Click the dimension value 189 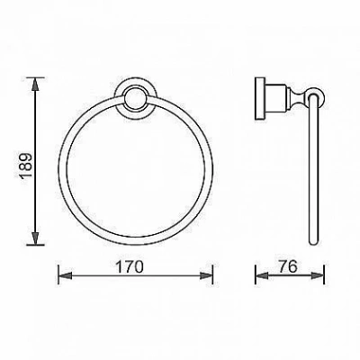(24, 166)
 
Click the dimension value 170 (130, 266)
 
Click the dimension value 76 (287, 266)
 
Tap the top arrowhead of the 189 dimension (36, 84)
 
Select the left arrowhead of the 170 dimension (65, 275)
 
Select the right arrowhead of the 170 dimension (206, 275)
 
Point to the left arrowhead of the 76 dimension (262, 275)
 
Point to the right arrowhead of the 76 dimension (318, 275)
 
